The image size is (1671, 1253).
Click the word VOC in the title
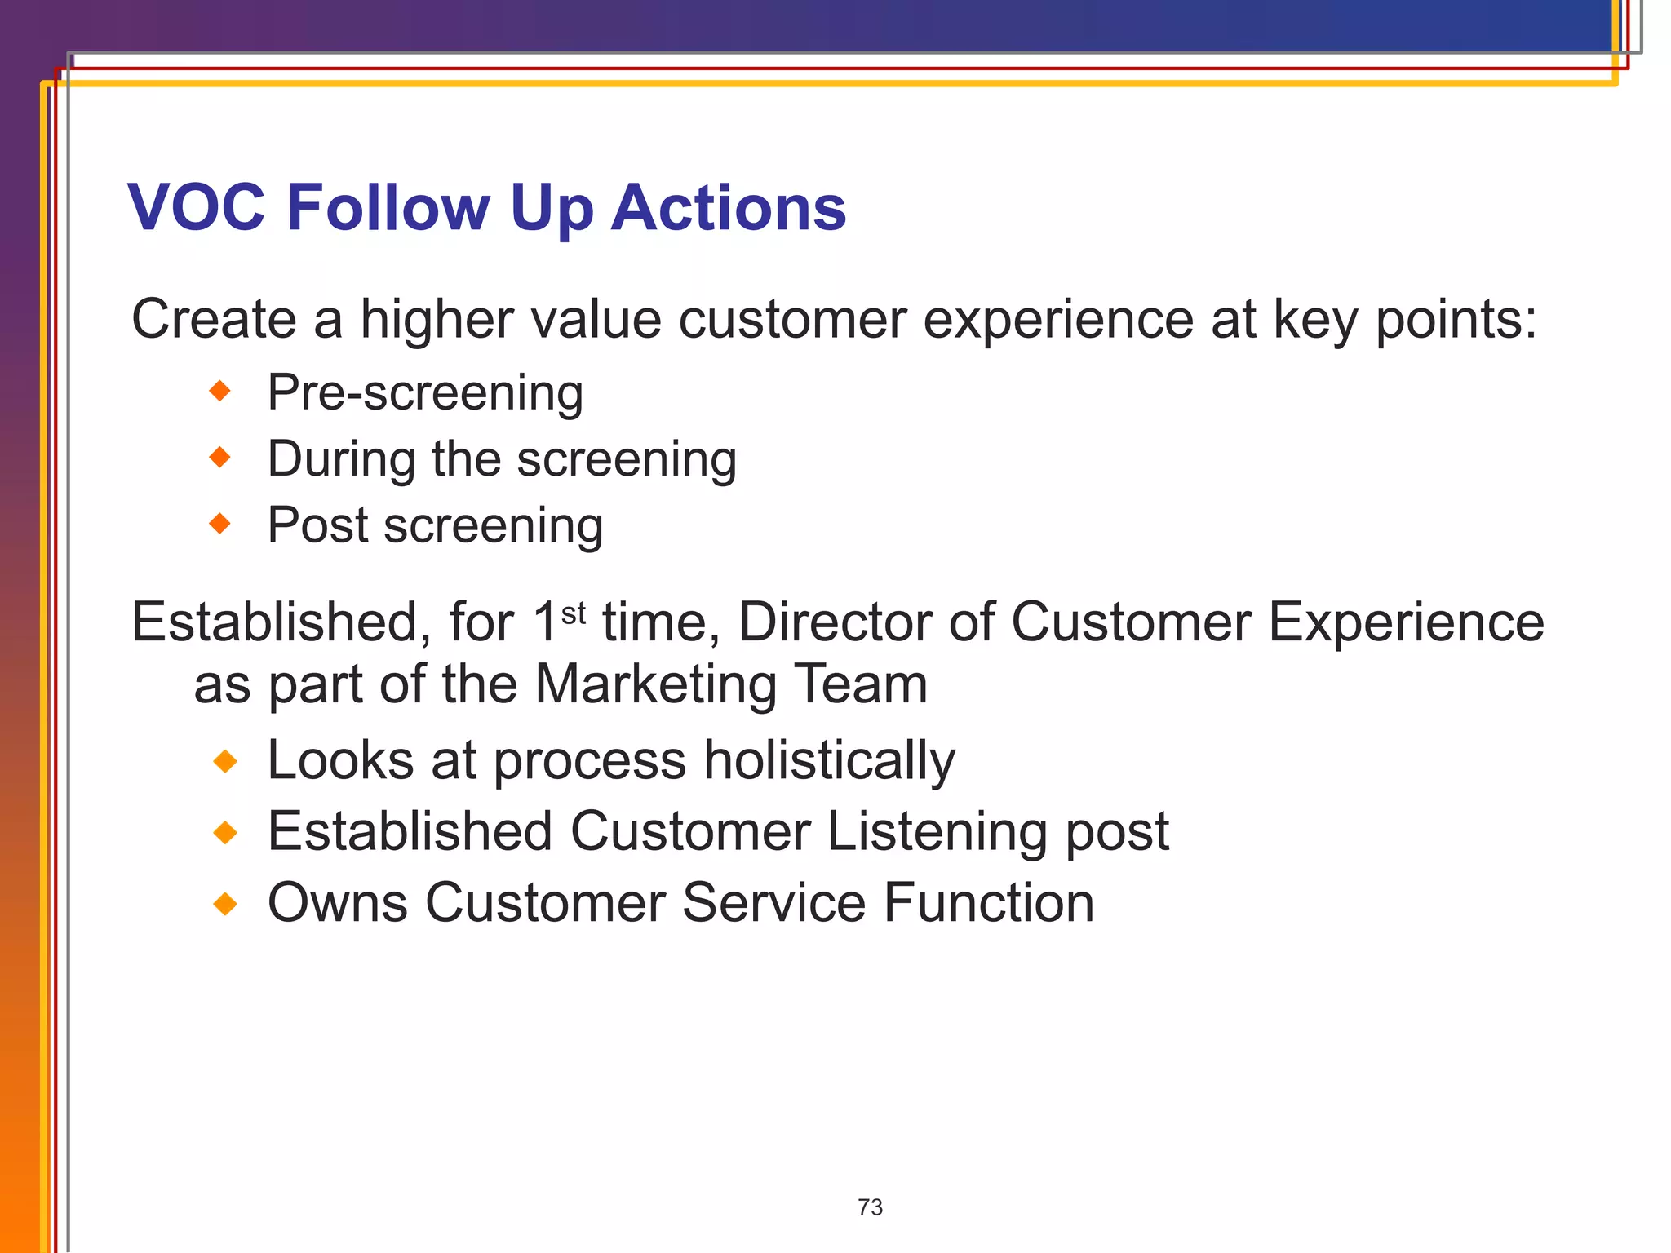tap(197, 207)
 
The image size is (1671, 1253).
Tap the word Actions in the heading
tap(729, 207)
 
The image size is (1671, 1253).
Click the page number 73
tap(870, 1207)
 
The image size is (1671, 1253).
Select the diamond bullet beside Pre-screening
tap(220, 392)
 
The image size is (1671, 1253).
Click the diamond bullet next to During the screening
tap(220, 458)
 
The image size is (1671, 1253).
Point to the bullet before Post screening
tap(220, 524)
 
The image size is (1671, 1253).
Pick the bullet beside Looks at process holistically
tap(224, 762)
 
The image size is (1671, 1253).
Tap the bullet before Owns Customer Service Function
tap(224, 904)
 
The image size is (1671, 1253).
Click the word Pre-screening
tap(425, 393)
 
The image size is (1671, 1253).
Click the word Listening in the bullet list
tap(937, 832)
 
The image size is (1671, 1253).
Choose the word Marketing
tap(655, 684)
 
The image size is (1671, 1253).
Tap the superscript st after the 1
tap(574, 612)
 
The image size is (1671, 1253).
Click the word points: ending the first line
tap(1456, 320)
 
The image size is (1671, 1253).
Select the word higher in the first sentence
tap(437, 320)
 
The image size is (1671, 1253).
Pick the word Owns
tap(338, 903)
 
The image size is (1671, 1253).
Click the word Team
tap(861, 684)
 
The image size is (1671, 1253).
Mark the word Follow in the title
tap(388, 207)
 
